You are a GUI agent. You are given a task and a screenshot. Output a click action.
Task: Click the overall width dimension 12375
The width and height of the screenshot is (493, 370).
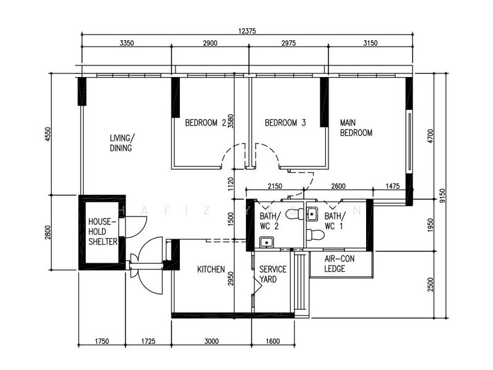(x=247, y=31)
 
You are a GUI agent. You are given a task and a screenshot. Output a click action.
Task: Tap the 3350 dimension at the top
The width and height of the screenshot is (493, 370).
(x=127, y=43)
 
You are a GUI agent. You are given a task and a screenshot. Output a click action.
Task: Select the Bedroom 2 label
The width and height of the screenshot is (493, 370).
(x=206, y=123)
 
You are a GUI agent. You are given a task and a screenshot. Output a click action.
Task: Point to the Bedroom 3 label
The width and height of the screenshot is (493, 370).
(x=285, y=123)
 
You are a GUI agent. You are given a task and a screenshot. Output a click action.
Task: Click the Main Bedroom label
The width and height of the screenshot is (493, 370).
(x=356, y=128)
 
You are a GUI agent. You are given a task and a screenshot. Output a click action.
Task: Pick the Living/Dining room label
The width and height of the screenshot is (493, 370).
(x=122, y=143)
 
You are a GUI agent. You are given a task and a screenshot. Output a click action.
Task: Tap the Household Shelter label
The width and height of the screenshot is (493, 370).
(x=102, y=232)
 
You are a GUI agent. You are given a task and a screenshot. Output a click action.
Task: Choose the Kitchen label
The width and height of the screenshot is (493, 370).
(x=211, y=269)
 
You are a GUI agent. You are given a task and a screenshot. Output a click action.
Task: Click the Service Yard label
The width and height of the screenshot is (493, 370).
(x=272, y=274)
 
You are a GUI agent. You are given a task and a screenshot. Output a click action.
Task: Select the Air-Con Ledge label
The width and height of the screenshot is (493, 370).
(x=340, y=264)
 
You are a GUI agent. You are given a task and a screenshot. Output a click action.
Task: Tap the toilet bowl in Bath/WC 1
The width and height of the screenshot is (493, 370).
(x=315, y=235)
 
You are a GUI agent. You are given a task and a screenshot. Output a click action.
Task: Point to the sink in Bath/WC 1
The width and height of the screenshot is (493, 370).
(x=312, y=214)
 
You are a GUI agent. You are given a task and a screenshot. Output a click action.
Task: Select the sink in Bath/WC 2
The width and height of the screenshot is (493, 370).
(x=267, y=242)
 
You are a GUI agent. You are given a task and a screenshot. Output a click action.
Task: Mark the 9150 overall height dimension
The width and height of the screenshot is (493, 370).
(x=442, y=195)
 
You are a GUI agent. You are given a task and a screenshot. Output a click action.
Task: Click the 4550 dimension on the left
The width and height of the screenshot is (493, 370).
(x=48, y=134)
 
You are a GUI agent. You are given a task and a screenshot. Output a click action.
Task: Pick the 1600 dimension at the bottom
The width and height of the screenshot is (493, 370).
(x=272, y=341)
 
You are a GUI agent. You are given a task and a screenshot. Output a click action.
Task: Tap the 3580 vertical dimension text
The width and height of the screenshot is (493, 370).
(x=231, y=121)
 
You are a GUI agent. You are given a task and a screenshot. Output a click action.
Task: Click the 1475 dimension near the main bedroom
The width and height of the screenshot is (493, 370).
(x=393, y=186)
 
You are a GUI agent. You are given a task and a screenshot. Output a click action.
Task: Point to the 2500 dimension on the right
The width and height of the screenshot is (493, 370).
(x=430, y=285)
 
